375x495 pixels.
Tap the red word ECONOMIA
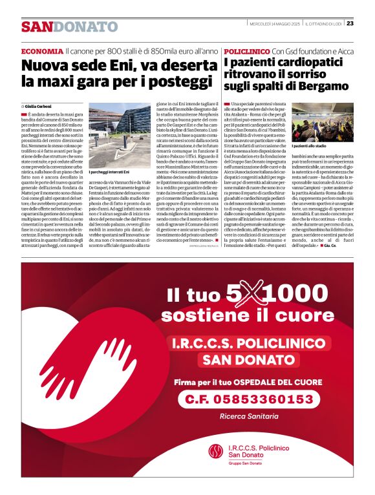[x=41, y=50]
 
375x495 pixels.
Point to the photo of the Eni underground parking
[x=111, y=138]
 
